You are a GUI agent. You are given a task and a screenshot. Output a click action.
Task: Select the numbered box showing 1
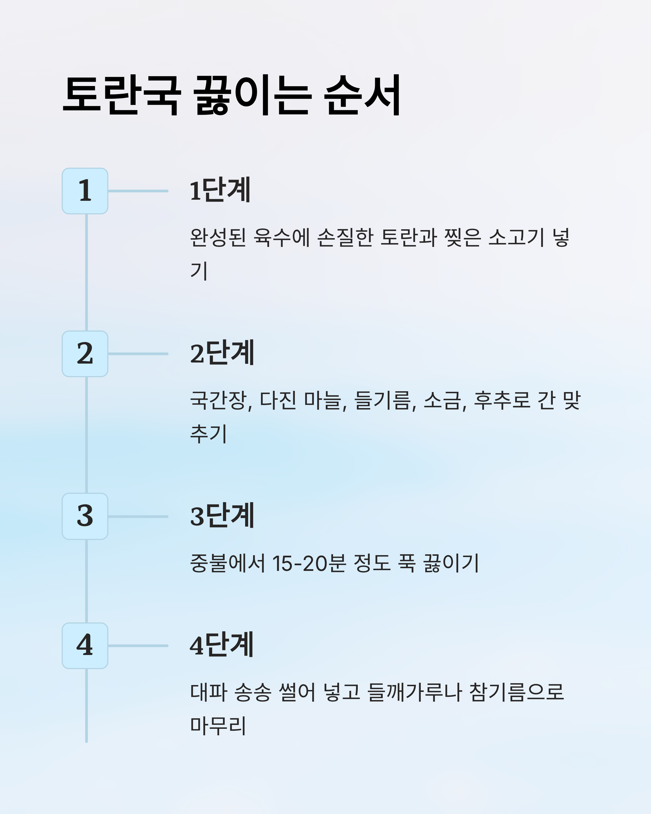coord(85,191)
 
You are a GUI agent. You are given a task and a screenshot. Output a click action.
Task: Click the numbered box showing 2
coord(85,354)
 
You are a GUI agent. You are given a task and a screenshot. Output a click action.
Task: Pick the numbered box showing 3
coord(85,516)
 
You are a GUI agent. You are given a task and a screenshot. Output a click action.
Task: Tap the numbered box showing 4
coord(85,646)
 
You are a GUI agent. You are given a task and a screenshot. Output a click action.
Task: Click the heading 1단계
coord(221,190)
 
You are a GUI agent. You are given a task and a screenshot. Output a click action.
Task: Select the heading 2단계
coord(222,353)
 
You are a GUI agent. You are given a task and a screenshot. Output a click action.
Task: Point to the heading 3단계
coord(222,516)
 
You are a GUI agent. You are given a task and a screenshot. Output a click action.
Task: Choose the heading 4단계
coord(222,645)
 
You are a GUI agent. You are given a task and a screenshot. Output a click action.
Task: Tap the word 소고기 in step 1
coord(516,237)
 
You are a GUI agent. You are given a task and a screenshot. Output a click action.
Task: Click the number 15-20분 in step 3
coord(309,563)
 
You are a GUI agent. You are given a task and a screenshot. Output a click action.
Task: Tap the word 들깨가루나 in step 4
coord(414,692)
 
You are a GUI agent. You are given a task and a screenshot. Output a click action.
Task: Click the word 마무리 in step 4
coord(218,726)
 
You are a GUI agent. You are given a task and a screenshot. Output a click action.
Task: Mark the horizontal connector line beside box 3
coord(138,517)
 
